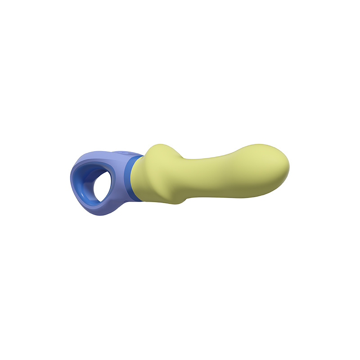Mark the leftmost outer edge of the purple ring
[x=71, y=180]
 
